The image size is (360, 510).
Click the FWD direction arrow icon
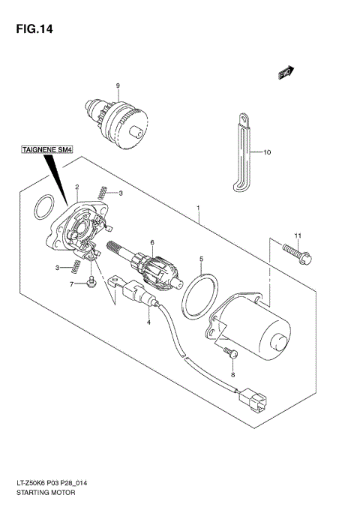click(285, 73)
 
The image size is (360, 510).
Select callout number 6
click(151, 242)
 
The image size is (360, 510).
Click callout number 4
click(148, 322)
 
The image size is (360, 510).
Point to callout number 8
click(232, 374)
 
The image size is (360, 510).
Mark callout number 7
click(73, 284)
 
